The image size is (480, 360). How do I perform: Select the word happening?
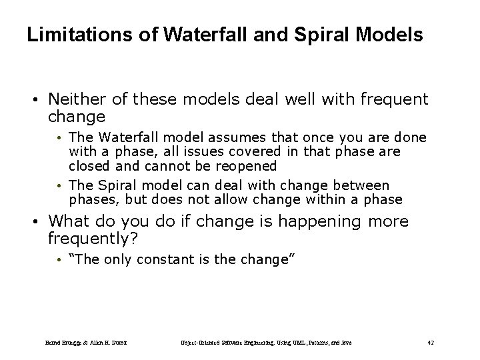308,221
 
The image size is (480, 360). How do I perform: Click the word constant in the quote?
163,260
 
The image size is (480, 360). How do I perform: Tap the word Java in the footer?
345,342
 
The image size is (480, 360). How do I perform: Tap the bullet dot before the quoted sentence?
59,260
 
